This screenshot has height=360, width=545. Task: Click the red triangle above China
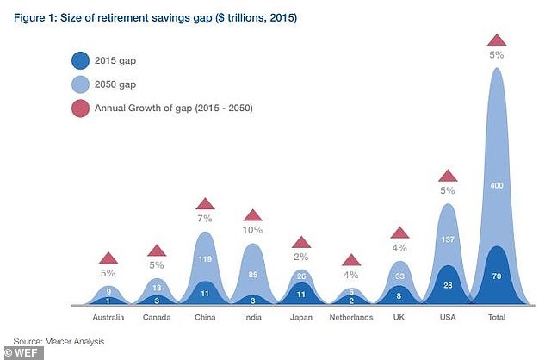(205, 204)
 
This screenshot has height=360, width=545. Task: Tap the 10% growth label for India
(253, 231)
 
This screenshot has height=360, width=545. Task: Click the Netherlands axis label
(350, 318)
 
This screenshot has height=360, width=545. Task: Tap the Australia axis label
(108, 318)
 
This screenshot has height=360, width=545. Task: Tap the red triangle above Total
(496, 39)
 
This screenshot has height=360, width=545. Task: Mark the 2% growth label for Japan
(301, 257)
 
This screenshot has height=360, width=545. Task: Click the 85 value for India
(253, 276)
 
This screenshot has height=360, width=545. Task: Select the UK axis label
(399, 318)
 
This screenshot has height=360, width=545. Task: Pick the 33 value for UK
(399, 276)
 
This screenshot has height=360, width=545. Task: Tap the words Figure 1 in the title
(36, 16)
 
